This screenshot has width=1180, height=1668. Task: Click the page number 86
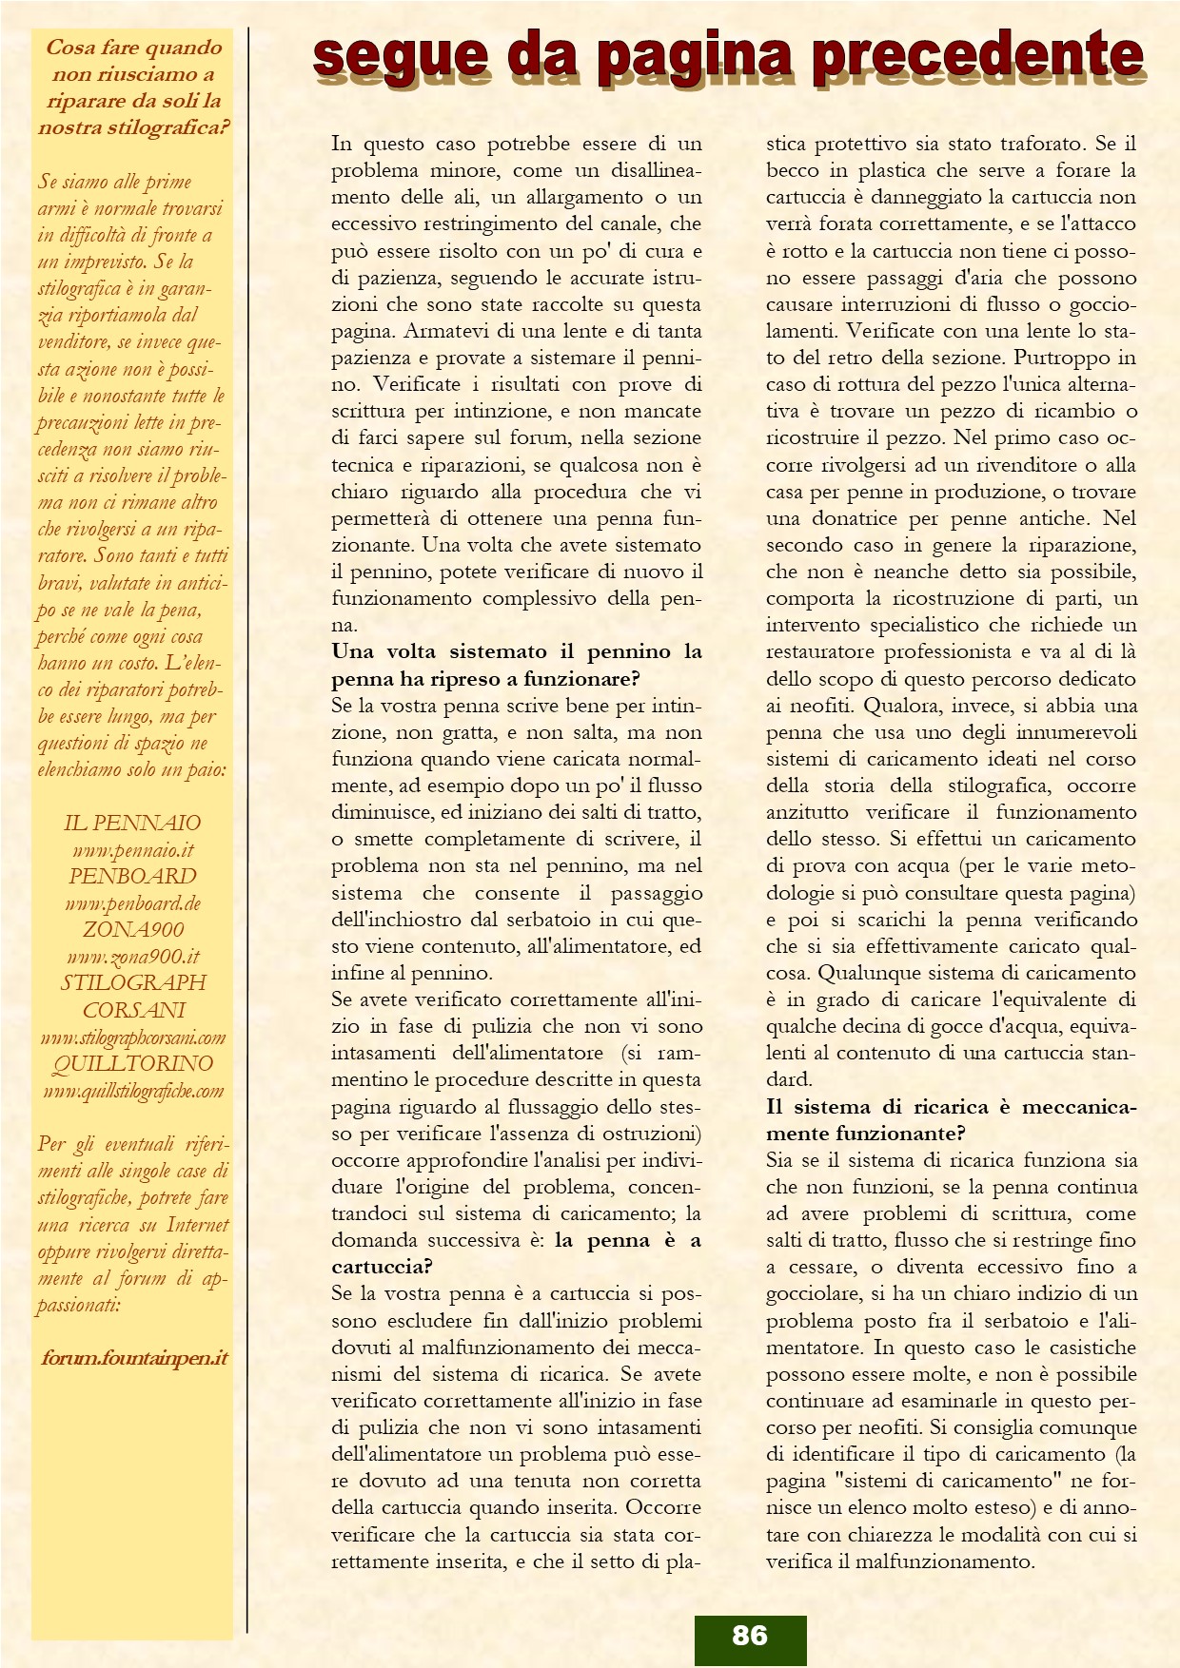(x=750, y=1635)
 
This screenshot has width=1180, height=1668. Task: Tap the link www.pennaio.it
(x=133, y=850)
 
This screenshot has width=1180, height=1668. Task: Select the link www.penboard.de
(x=133, y=903)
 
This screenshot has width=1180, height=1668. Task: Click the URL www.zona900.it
(x=133, y=957)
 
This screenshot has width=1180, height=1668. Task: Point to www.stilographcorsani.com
(x=133, y=1038)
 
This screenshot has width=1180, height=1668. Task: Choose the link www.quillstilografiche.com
(x=133, y=1091)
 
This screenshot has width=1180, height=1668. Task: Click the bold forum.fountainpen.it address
(x=134, y=1358)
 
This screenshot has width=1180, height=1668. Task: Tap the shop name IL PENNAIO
(x=133, y=823)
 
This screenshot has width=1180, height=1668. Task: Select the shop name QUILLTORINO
(x=133, y=1063)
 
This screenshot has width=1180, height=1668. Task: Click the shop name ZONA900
(x=133, y=929)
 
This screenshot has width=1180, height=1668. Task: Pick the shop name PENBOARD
(x=133, y=876)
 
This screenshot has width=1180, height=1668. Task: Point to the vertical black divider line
(x=247, y=827)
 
